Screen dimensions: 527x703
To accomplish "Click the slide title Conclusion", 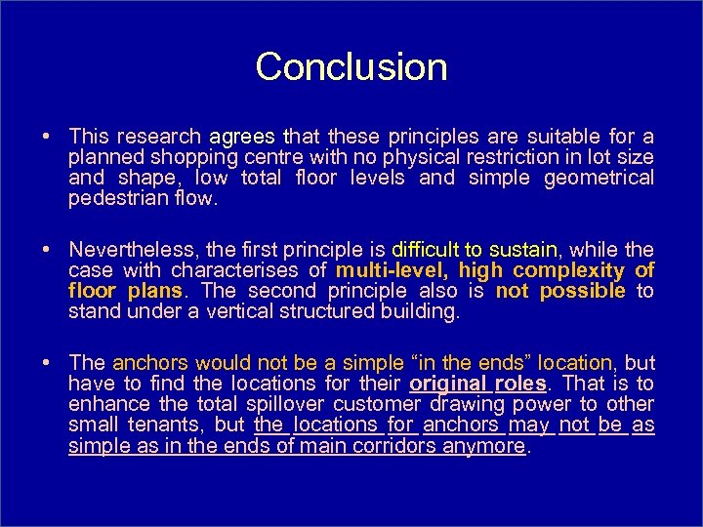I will pyautogui.click(x=351, y=67).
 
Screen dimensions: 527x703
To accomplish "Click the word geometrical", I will pyautogui.click(x=600, y=178).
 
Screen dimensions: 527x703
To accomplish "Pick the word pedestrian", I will pyautogui.click(x=113, y=198).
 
